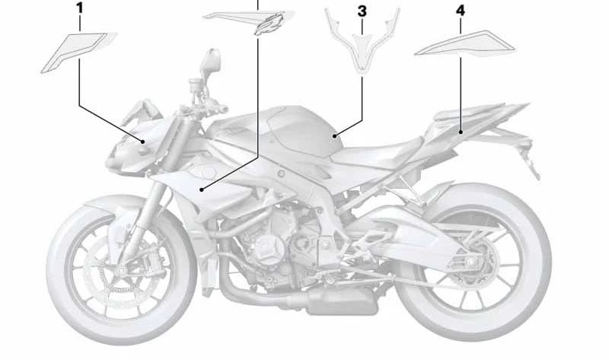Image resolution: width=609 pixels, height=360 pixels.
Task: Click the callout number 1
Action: click(80, 10)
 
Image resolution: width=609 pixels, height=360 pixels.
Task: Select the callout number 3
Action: click(362, 11)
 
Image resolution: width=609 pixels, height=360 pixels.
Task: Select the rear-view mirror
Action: click(211, 59)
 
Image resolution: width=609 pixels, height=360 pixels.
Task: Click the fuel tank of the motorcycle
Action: click(297, 133)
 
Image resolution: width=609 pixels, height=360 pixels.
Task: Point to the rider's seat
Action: click(381, 156)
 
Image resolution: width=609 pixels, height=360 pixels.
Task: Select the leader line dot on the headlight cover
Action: click(143, 142)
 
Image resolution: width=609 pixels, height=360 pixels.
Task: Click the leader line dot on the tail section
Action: click(461, 132)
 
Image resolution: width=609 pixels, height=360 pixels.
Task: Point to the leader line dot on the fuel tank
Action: click(334, 135)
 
